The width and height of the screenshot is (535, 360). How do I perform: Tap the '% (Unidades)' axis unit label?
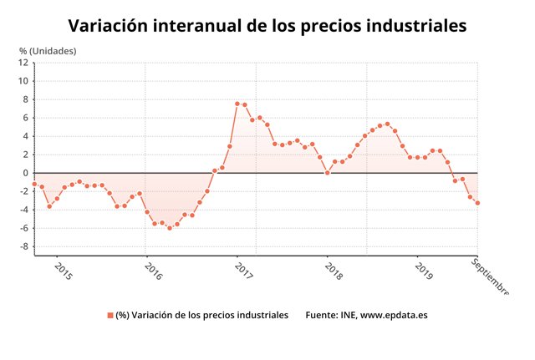pyautogui.click(x=48, y=51)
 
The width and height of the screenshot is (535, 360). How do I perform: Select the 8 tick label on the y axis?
pyautogui.click(x=26, y=99)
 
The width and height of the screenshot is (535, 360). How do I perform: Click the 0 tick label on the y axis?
pyautogui.click(x=26, y=173)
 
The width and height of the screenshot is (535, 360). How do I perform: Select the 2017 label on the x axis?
pyautogui.click(x=243, y=271)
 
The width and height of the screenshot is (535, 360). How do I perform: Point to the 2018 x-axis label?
pyautogui.click(x=334, y=271)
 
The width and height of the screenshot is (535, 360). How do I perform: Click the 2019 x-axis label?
pyautogui.click(x=424, y=271)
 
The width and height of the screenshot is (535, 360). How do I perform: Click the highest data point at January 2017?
pyautogui.click(x=237, y=104)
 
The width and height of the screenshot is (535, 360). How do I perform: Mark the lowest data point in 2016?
pyautogui.click(x=170, y=228)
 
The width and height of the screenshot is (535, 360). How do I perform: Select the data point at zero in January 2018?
pyautogui.click(x=328, y=173)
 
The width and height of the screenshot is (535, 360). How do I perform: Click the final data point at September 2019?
pyautogui.click(x=477, y=203)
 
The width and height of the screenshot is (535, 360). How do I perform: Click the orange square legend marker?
pyautogui.click(x=110, y=315)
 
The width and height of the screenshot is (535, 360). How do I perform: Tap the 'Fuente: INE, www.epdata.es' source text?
pyautogui.click(x=365, y=315)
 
